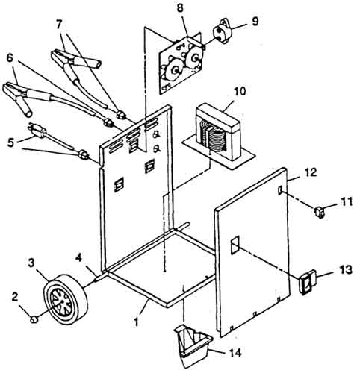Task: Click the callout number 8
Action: pyautogui.click(x=180, y=8)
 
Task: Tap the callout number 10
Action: pyautogui.click(x=240, y=91)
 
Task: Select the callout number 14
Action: pyautogui.click(x=235, y=353)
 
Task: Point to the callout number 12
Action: pyautogui.click(x=310, y=172)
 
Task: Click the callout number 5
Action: pyautogui.click(x=10, y=142)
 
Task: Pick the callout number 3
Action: pyautogui.click(x=31, y=263)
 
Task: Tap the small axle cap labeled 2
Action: pyautogui.click(x=34, y=319)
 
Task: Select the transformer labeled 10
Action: pyautogui.click(x=219, y=136)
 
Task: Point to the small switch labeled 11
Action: pyautogui.click(x=320, y=212)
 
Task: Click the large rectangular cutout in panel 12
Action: pyautogui.click(x=235, y=245)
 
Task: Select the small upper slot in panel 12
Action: pyautogui.click(x=280, y=190)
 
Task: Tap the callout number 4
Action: pyautogui.click(x=78, y=258)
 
